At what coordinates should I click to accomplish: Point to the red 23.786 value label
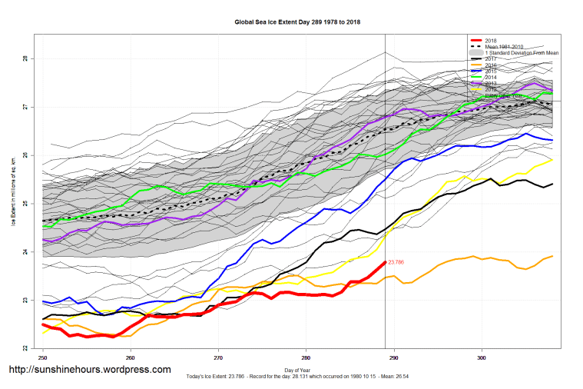397,263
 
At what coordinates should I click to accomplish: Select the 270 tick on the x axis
218,357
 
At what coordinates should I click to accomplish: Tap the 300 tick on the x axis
482,357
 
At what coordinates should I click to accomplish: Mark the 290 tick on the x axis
394,357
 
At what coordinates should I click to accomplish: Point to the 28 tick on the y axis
25,58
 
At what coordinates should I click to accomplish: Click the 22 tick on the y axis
25,348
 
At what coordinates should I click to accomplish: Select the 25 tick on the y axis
25,204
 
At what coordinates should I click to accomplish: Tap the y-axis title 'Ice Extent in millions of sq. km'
13,192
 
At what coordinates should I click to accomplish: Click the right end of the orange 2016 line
552,256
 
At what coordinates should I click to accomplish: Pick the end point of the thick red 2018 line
385,262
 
